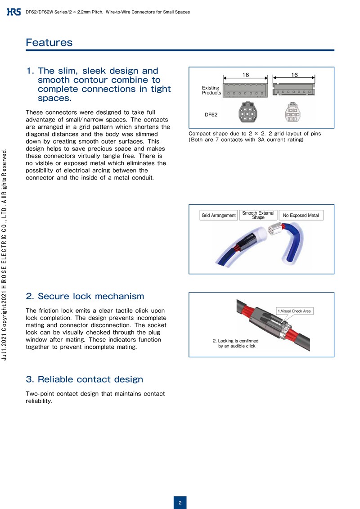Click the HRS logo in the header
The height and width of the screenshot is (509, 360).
pyautogui.click(x=14, y=12)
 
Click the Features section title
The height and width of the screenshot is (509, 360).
pyautogui.click(x=49, y=43)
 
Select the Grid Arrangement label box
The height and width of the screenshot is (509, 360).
pyautogui.click(x=219, y=216)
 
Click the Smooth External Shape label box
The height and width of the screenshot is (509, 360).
pyautogui.click(x=258, y=215)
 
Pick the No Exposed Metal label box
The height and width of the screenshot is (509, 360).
pyautogui.click(x=301, y=216)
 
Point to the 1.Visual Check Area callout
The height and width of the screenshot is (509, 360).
pyautogui.click(x=295, y=311)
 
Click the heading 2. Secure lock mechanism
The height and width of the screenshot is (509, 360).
pyautogui.click(x=85, y=296)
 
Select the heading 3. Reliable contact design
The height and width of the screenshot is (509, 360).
pyautogui.click(x=85, y=379)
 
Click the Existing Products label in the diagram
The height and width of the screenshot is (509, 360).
pyautogui.click(x=211, y=90)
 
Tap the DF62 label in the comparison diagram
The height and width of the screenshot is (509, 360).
pyautogui.click(x=211, y=115)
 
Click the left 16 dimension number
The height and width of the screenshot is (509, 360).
pyautogui.click(x=246, y=75)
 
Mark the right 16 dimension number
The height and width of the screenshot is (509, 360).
pyautogui.click(x=294, y=75)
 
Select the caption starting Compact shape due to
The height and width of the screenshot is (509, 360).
pyautogui.click(x=255, y=136)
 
